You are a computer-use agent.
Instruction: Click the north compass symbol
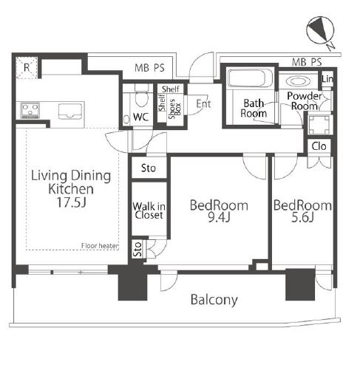pyautogui.click(x=320, y=31)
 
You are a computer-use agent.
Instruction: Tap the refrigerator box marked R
pyautogui.click(x=27, y=68)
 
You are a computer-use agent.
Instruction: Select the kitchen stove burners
pyautogui.click(x=30, y=110)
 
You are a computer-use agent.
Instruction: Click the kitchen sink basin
pyautogui.click(x=70, y=112)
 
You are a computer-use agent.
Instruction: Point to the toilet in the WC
pyautogui.click(x=142, y=96)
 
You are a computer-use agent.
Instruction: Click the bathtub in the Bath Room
pyautogui.click(x=250, y=78)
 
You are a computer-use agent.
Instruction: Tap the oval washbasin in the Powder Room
pyautogui.click(x=298, y=81)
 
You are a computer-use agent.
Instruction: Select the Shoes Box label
pyautogui.click(x=174, y=109)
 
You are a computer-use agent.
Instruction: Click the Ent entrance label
pyautogui.click(x=203, y=104)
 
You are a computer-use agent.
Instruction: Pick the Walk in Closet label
pyautogui.click(x=149, y=210)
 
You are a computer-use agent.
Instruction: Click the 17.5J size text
pyautogui.click(x=72, y=202)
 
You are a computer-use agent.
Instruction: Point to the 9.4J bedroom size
pyautogui.click(x=219, y=217)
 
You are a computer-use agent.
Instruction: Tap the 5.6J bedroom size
pyautogui.click(x=302, y=217)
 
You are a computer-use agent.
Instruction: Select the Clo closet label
pyautogui.click(x=319, y=146)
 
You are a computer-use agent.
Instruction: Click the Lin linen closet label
pyautogui.click(x=327, y=79)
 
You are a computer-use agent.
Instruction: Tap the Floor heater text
pyautogui.click(x=100, y=246)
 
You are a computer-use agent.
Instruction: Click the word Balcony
pyautogui.click(x=214, y=300)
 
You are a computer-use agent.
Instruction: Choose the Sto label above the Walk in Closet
pyautogui.click(x=149, y=168)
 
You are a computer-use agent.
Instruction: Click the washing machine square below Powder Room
pyautogui.click(x=319, y=125)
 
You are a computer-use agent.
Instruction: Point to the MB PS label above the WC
pyautogui.click(x=149, y=68)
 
